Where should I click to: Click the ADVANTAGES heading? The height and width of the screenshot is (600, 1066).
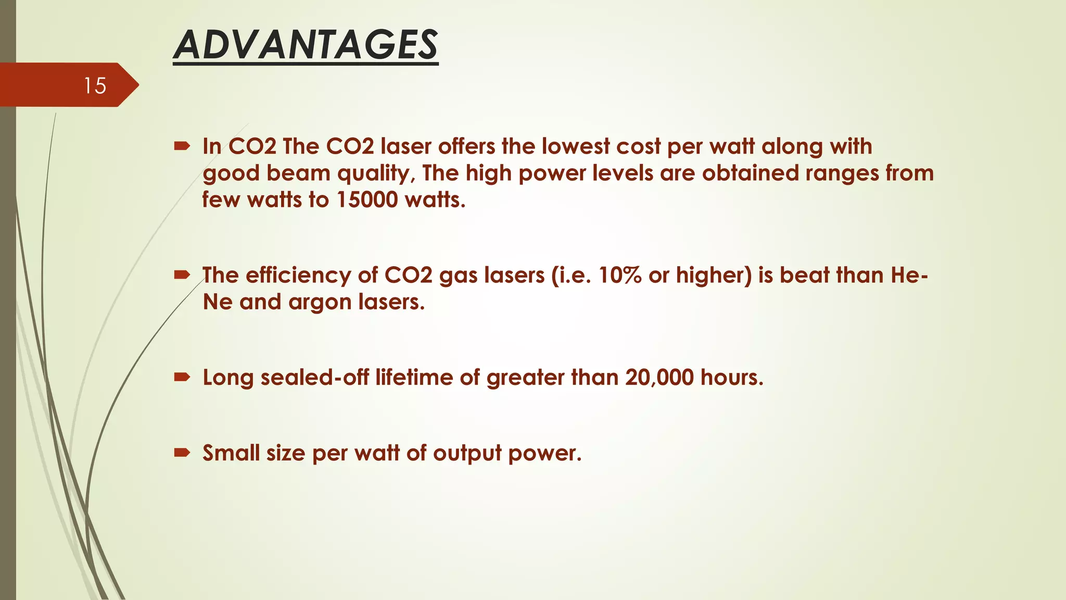point(306,45)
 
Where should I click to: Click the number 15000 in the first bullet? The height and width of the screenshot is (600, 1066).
point(367,200)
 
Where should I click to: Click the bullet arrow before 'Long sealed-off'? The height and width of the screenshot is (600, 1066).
point(182,377)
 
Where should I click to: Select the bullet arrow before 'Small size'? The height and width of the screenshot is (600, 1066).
point(182,453)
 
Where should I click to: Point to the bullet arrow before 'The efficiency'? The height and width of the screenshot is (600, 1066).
point(182,275)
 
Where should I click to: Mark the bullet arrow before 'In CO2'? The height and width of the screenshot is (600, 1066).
point(182,146)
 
